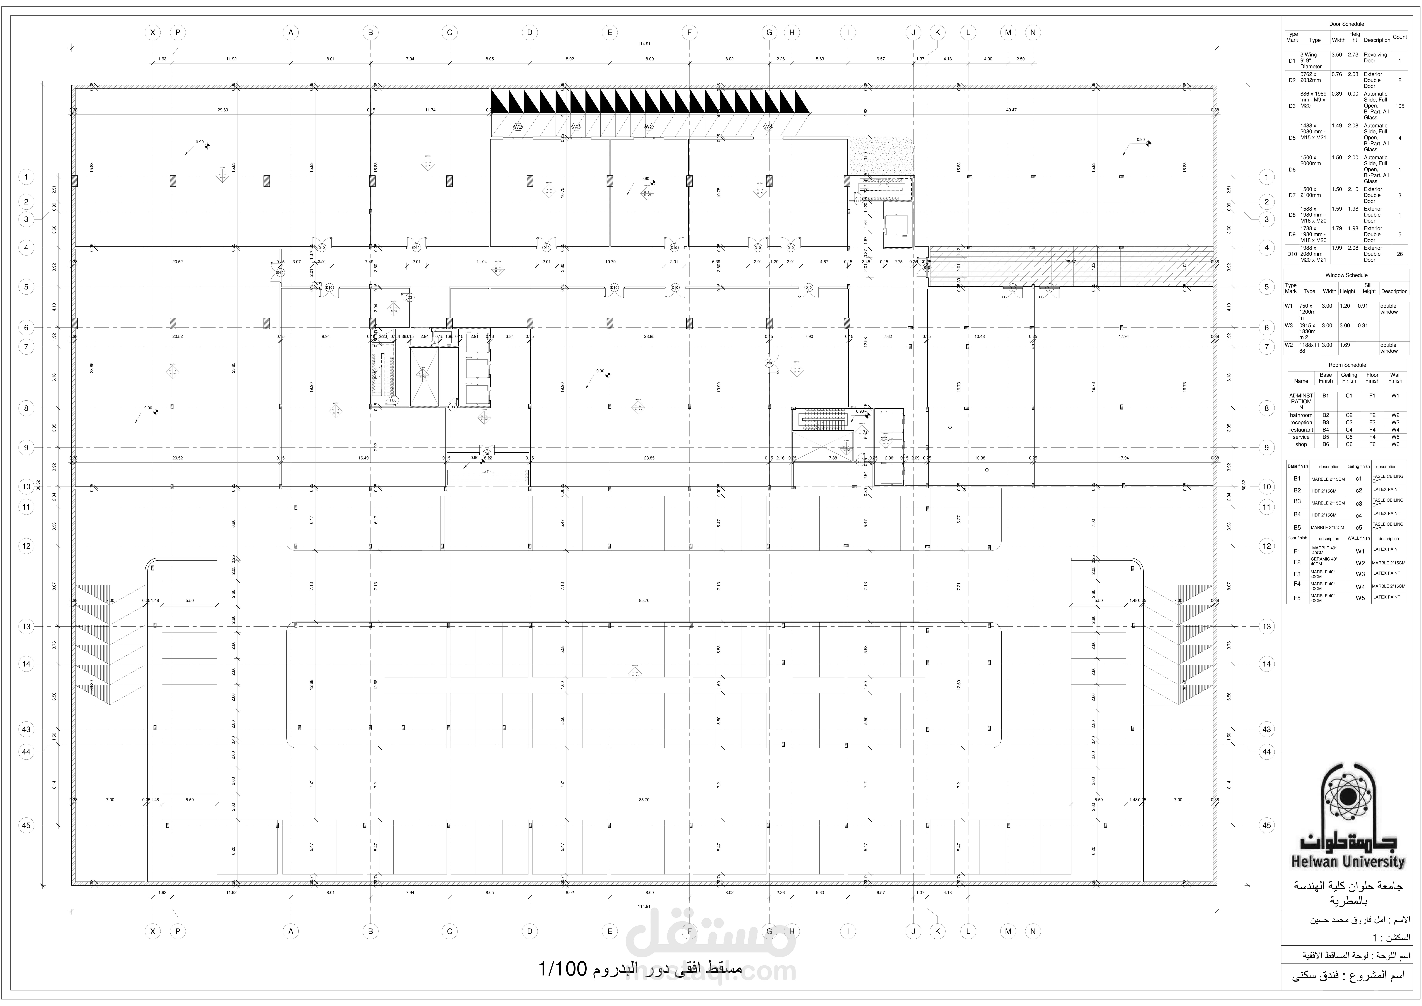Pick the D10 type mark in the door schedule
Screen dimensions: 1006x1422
pos(1292,254)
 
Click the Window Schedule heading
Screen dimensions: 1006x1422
pos(1347,275)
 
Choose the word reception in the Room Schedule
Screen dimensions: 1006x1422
pos(1301,422)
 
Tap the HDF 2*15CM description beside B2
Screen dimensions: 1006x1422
pos(1319,491)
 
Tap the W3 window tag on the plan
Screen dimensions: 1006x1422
pos(768,127)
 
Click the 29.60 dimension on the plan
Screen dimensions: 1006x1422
pos(223,110)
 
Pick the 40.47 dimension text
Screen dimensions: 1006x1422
pos(1011,110)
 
